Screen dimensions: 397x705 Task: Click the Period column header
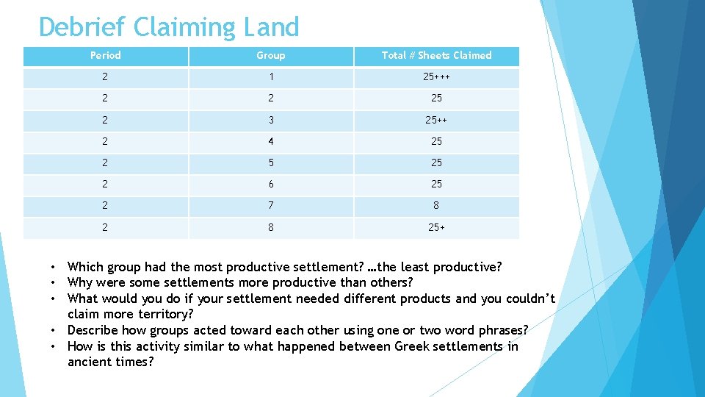coord(105,55)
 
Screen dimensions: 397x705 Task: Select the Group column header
coord(270,55)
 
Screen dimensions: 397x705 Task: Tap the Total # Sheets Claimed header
coord(436,55)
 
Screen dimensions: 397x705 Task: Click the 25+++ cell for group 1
coord(436,77)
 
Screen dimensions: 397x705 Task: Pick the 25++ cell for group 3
coord(436,120)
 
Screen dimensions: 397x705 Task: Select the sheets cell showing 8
coord(436,206)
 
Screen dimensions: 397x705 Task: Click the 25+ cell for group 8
coord(436,227)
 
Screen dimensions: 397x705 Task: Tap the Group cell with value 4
coord(270,141)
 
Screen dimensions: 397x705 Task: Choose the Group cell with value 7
coord(270,206)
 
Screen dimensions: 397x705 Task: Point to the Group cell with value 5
coord(270,162)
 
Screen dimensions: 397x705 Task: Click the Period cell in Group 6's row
coord(105,184)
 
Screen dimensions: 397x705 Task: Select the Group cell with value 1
coord(270,77)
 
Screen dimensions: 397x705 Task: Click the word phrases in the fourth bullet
coord(505,330)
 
